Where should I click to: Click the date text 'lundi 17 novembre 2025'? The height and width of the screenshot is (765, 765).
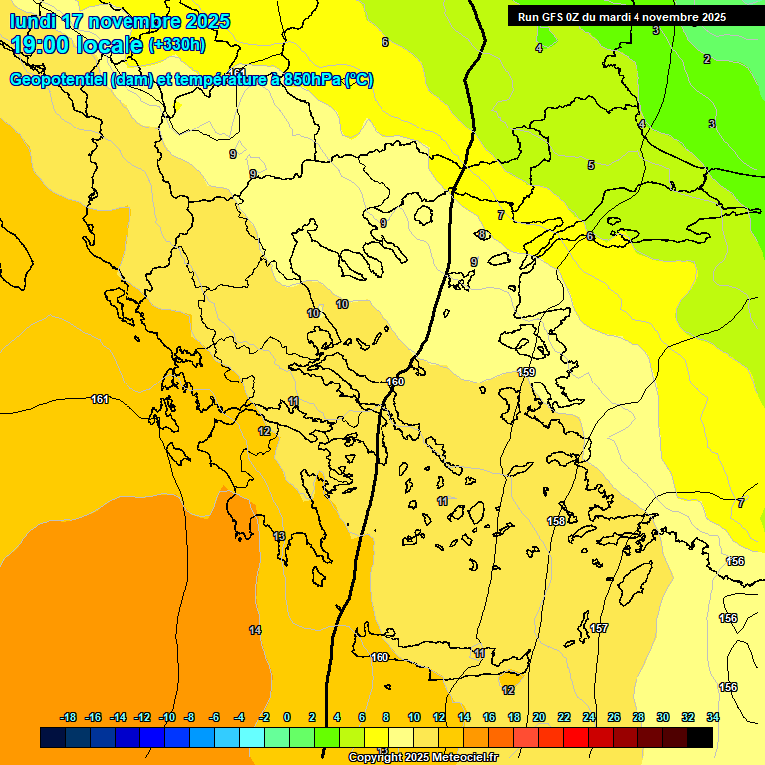click(x=121, y=21)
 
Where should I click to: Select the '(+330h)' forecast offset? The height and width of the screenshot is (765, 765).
click(x=177, y=45)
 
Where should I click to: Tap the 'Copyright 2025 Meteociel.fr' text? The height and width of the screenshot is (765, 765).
click(x=422, y=758)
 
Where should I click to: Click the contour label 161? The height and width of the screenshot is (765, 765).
click(x=100, y=399)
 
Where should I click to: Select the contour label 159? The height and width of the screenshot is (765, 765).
click(x=526, y=372)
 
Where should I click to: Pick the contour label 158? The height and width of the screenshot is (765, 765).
click(x=557, y=521)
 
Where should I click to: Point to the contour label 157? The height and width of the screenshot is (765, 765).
click(x=599, y=628)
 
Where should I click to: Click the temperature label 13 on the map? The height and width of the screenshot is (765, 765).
click(x=280, y=536)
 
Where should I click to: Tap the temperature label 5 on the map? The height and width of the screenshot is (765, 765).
click(x=590, y=165)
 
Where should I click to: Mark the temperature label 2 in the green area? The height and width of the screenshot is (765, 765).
click(x=707, y=59)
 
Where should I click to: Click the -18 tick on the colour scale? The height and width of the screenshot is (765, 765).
click(x=69, y=717)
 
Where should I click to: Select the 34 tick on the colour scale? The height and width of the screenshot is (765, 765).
click(x=712, y=717)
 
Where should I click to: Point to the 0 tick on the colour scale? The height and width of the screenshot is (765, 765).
click(x=287, y=717)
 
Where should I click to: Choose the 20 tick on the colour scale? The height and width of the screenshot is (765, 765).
click(x=539, y=717)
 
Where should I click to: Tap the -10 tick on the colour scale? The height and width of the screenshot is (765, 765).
click(x=167, y=717)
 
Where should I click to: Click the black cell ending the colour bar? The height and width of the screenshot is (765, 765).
click(x=699, y=737)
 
